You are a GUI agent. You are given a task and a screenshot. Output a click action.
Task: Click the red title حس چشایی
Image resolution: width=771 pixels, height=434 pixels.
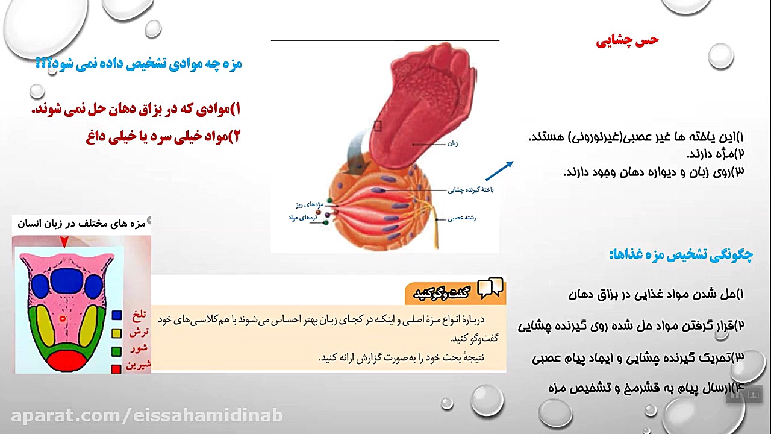(628, 41)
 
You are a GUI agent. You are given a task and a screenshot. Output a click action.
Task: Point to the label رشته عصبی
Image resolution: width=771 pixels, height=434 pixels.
(462, 218)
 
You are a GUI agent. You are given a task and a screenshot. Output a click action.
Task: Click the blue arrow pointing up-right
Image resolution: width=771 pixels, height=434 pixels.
(499, 171)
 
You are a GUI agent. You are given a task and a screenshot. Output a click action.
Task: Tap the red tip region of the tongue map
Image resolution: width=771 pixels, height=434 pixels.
(67, 360)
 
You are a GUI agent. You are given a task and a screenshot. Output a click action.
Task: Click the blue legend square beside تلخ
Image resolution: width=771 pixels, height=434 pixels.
(117, 315)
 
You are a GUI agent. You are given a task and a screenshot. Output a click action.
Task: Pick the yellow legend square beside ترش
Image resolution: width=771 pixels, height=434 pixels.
(117, 333)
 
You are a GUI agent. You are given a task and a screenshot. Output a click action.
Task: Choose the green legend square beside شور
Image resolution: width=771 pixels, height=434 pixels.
(117, 351)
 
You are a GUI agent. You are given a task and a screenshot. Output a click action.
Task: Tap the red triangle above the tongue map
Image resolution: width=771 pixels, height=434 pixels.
(64, 242)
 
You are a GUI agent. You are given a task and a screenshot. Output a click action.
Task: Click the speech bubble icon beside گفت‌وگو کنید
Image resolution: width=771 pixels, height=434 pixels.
(490, 289)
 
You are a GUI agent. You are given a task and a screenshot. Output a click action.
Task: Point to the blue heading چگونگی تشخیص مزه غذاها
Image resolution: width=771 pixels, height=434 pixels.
(681, 254)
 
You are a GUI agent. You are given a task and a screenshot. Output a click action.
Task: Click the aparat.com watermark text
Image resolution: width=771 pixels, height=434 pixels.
(147, 415)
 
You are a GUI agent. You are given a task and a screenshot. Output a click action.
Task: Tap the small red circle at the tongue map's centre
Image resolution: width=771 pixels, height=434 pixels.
(62, 318)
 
